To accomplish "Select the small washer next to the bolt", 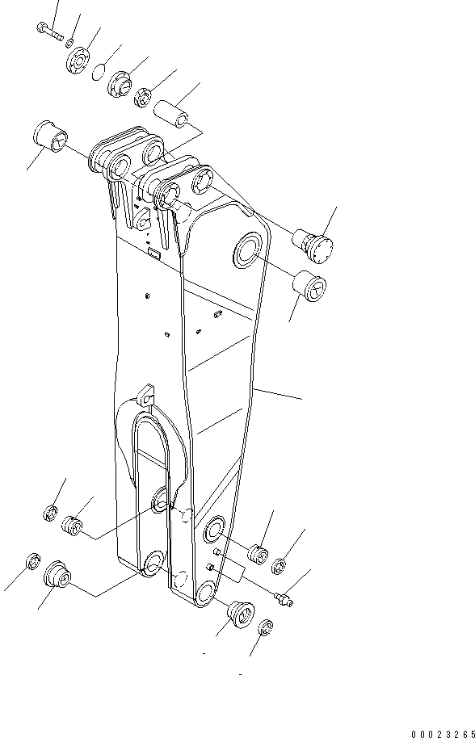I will [70, 42].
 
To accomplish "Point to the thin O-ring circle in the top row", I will [99, 71].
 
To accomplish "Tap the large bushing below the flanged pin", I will [310, 287].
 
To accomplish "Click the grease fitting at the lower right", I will [284, 599].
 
